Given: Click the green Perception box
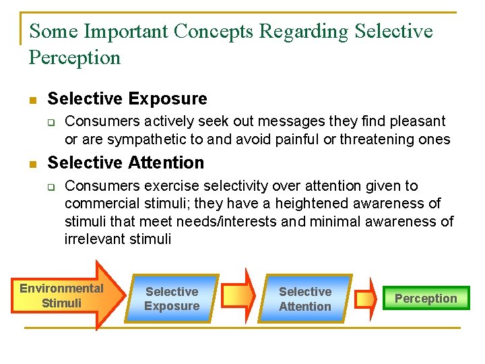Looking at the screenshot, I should tap(426, 298).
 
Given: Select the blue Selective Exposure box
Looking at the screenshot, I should tap(172, 299).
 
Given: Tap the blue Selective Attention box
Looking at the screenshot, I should tap(305, 299).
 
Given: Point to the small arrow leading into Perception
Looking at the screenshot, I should tap(366, 298).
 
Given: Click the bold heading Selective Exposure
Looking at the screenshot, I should tap(127, 98).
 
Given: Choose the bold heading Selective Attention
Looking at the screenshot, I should tap(125, 162).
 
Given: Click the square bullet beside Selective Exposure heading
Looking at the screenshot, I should tap(32, 100).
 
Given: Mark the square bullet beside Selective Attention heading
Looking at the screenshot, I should tap(32, 164).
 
